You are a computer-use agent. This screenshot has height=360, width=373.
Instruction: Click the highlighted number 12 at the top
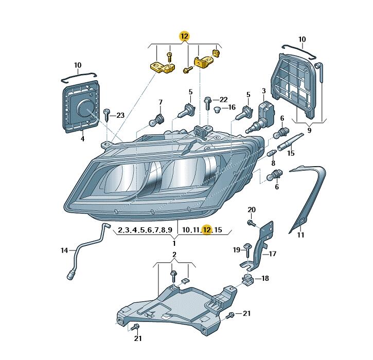point(184,36)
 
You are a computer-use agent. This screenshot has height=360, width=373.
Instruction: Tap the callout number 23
point(120,115)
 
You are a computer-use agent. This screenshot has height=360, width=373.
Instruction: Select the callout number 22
point(223,99)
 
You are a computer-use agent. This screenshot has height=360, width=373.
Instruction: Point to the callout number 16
point(232,107)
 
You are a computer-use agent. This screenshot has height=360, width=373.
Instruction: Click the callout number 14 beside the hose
point(64,250)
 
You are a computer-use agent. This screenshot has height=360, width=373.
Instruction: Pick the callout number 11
point(301,235)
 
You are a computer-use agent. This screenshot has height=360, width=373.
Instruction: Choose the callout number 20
point(252,209)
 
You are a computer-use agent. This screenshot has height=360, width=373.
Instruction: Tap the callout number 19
point(236,249)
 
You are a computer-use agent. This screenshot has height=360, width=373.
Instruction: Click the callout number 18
point(265,278)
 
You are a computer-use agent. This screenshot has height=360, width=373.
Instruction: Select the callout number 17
point(273,254)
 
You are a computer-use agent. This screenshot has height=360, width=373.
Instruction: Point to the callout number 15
point(291,153)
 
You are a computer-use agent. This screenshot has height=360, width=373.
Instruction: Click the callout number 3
point(264,91)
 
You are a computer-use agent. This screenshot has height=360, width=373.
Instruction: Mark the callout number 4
point(82,138)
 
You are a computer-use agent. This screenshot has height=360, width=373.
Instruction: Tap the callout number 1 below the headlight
point(174,243)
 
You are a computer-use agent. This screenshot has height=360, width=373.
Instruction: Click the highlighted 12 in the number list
point(207,230)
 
